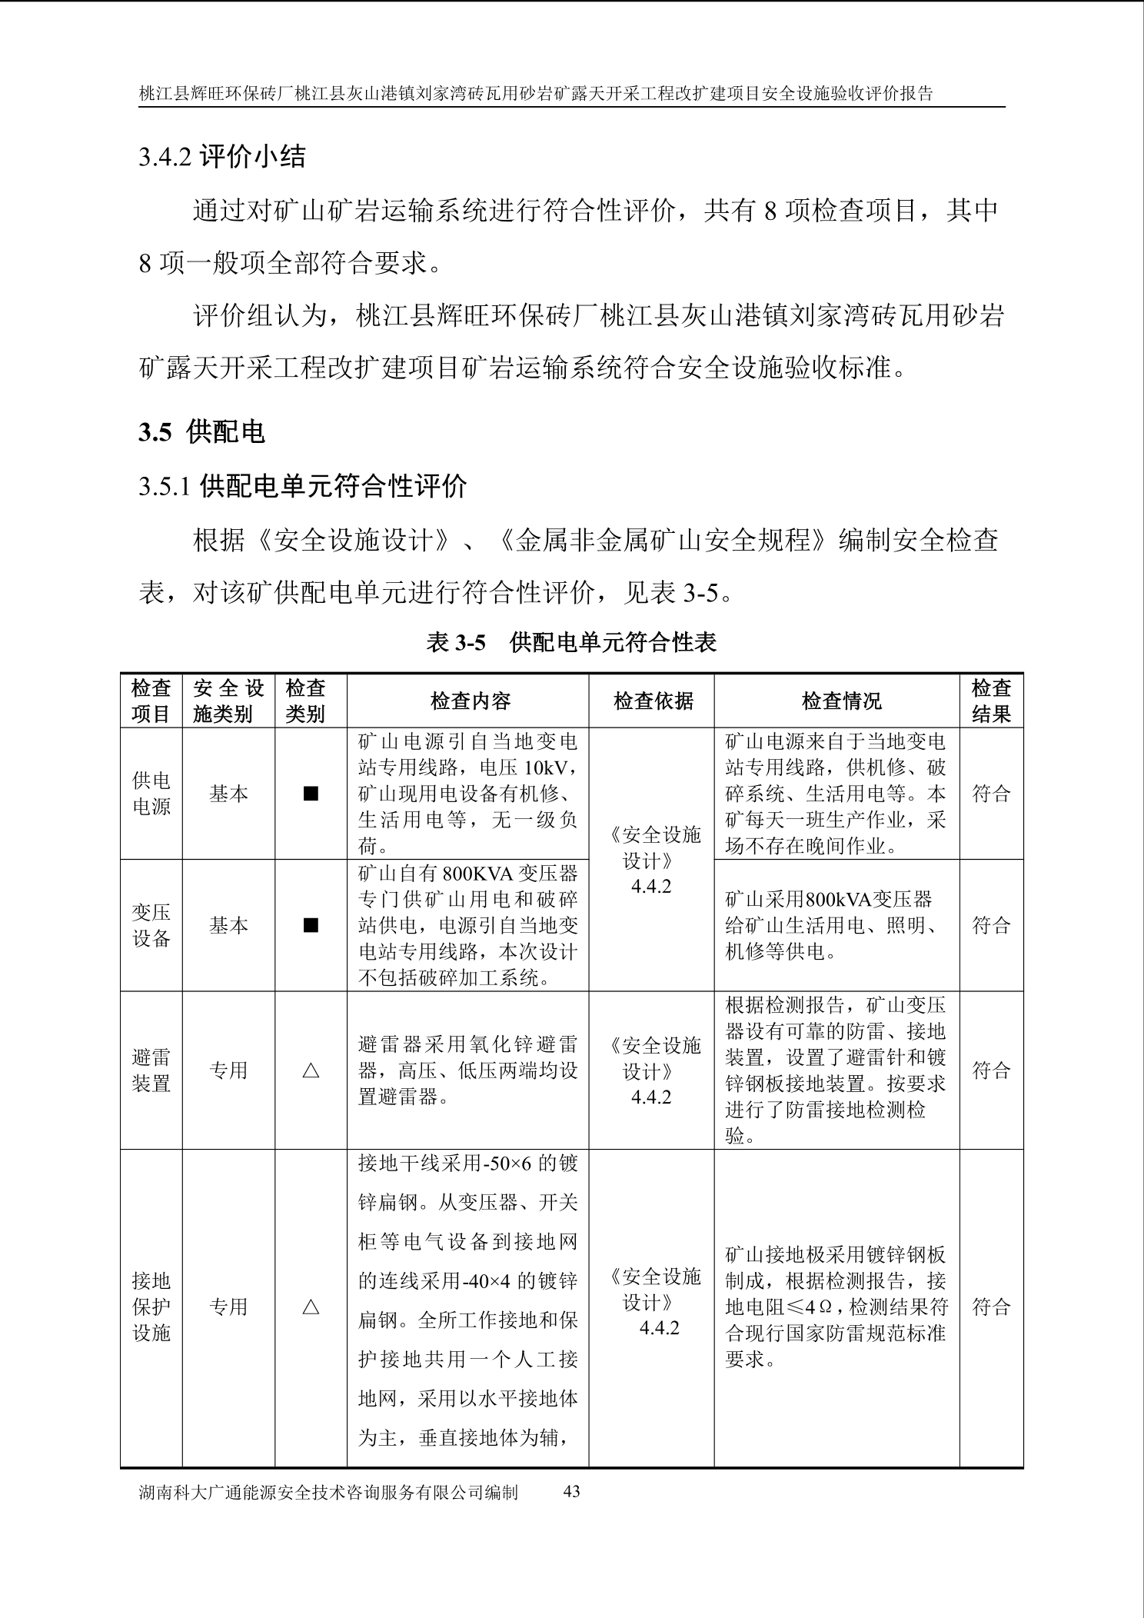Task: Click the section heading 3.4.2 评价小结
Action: point(221,157)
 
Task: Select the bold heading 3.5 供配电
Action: point(201,432)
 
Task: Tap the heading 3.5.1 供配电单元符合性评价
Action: point(302,486)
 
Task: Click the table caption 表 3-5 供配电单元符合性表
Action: point(571,642)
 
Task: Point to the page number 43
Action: point(571,1491)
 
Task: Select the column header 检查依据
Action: point(653,701)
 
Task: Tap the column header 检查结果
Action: point(990,701)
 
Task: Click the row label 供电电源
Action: point(151,793)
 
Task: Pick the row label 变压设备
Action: point(151,925)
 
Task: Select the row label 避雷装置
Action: point(151,1070)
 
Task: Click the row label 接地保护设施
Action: point(151,1307)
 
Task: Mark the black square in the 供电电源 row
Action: point(311,794)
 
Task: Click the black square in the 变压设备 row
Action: point(311,925)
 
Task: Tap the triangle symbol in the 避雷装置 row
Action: point(311,1070)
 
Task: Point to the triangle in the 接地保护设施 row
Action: point(311,1307)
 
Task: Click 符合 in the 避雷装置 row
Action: point(990,1070)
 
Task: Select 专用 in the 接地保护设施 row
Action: point(228,1307)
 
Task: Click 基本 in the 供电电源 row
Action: point(228,794)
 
